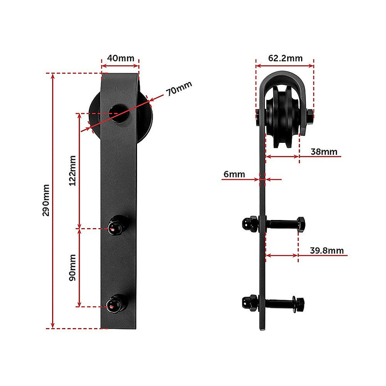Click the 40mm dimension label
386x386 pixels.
[x=120, y=58]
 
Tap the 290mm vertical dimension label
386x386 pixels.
[x=46, y=200]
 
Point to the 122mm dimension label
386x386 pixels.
[x=73, y=170]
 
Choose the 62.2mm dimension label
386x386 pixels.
[x=285, y=58]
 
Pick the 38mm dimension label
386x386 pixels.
[x=323, y=152]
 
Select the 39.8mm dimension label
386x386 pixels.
[x=327, y=250]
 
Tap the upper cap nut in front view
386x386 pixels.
[x=116, y=225]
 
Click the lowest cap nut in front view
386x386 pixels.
[x=115, y=303]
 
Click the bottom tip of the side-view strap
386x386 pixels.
[x=263, y=331]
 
